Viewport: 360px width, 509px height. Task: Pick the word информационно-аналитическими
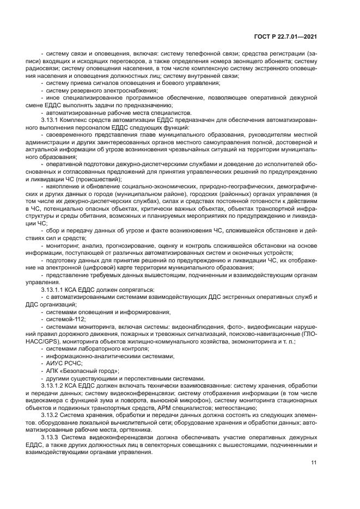click(85, 355)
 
